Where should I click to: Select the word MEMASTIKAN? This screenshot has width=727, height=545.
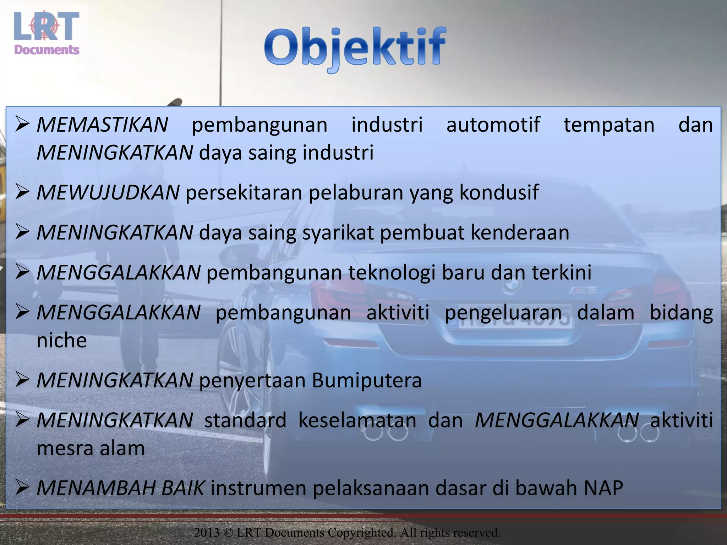click(x=102, y=125)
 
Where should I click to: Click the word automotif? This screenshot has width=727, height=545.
click(x=493, y=125)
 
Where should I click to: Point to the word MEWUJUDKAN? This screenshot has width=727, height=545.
click(x=108, y=193)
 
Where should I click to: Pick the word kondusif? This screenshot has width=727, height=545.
click(x=499, y=193)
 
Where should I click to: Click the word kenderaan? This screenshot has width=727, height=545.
click(x=520, y=233)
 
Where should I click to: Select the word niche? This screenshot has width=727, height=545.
click(x=62, y=341)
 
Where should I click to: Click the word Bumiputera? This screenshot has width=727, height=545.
click(x=367, y=380)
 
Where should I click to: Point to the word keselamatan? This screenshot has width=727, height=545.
click(x=357, y=420)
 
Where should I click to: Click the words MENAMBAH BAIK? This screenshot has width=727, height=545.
click(x=120, y=488)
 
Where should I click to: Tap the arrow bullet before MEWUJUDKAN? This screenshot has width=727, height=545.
click(x=22, y=193)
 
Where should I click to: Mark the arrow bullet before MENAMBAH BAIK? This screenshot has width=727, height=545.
click(x=22, y=488)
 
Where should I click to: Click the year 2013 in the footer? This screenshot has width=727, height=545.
click(x=207, y=533)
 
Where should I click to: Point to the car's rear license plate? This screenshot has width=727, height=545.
click(x=515, y=316)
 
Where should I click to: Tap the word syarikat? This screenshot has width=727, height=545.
click(x=338, y=233)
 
